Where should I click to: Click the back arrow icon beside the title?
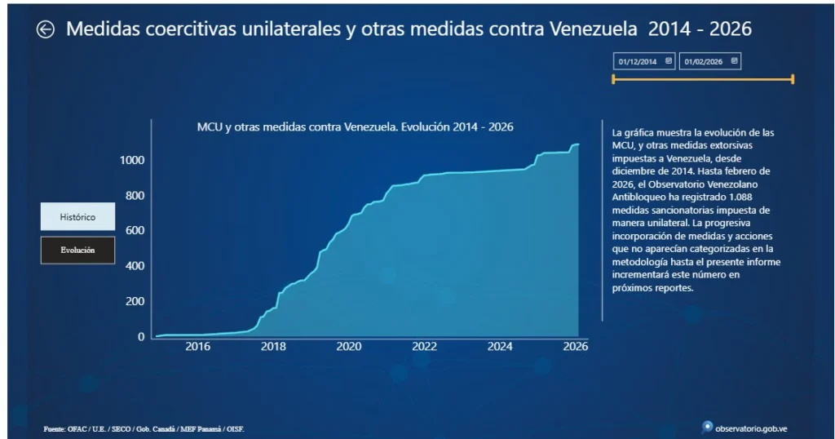pyautogui.click(x=46, y=29)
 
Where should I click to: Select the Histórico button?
pyautogui.click(x=77, y=216)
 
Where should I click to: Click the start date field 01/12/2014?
pyautogui.click(x=644, y=61)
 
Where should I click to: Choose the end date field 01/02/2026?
pyautogui.click(x=710, y=61)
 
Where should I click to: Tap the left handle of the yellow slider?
pyautogui.click(x=613, y=79)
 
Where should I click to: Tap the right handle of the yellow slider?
pyautogui.click(x=793, y=79)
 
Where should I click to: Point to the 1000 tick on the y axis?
pyautogui.click(x=132, y=161)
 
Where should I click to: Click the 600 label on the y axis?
pyautogui.click(x=135, y=231)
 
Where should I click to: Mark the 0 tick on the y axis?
pyautogui.click(x=141, y=337)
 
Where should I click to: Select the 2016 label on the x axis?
pyautogui.click(x=197, y=346)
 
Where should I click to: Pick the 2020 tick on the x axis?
pyautogui.click(x=349, y=346)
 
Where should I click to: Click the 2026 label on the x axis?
pyautogui.click(x=576, y=346)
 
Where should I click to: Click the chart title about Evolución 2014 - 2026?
pyautogui.click(x=356, y=126)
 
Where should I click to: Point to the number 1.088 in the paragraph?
pyautogui.click(x=738, y=197)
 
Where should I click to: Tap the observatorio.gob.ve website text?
pyautogui.click(x=751, y=429)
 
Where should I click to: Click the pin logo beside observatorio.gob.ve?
pyautogui.click(x=707, y=428)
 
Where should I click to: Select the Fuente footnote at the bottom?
pyautogui.click(x=144, y=429)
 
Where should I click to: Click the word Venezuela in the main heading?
pyautogui.click(x=593, y=29)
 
